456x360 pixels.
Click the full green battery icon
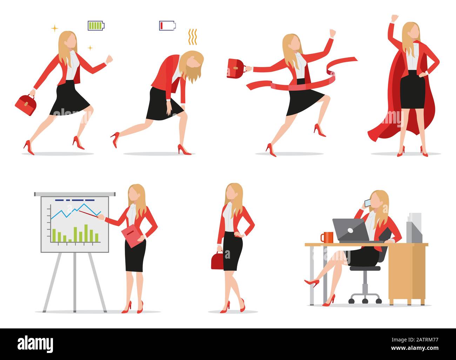point(96,26)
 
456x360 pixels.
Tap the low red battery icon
point(167,26)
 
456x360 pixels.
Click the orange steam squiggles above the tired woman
point(193,37)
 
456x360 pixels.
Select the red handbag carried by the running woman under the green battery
point(26,105)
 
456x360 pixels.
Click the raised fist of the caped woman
point(395,18)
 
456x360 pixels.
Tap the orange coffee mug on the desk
point(327,237)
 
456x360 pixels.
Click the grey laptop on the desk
point(352,231)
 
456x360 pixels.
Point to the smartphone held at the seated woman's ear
point(368,203)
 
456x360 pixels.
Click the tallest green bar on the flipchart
point(86,233)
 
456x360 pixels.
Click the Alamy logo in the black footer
point(35,344)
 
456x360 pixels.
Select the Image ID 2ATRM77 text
point(415,340)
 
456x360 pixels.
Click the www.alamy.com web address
point(415,348)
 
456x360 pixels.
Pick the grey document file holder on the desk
point(414,228)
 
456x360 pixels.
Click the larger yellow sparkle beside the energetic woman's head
point(55,28)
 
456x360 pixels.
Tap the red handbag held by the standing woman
point(217,261)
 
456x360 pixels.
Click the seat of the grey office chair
point(365,268)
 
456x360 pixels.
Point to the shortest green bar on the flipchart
point(70,241)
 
